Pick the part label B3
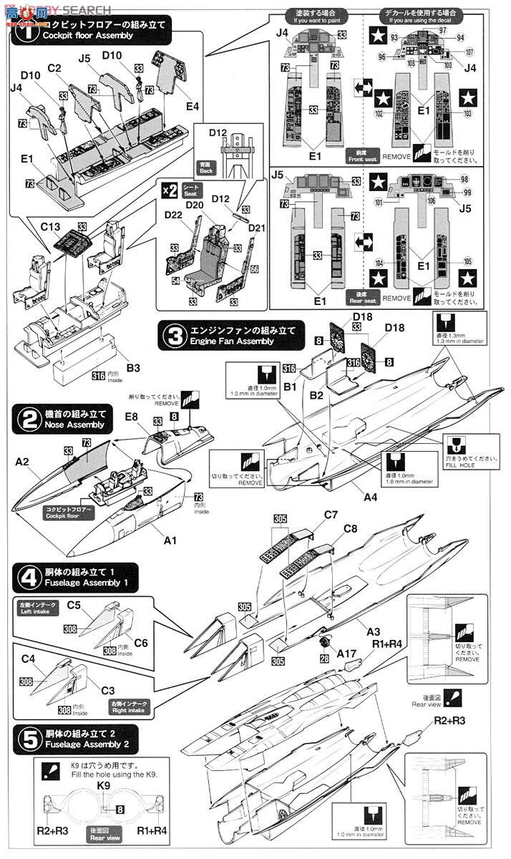click(133, 368)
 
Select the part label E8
click(131, 415)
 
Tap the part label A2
click(21, 462)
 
